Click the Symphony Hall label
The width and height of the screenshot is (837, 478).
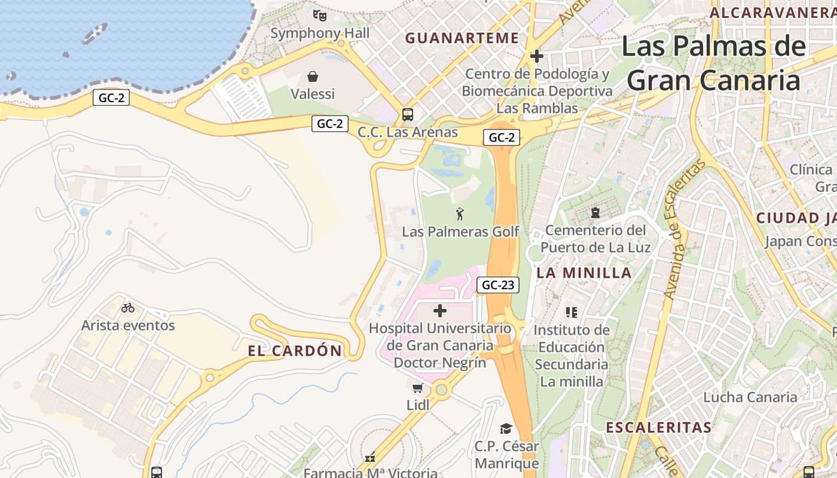click(320, 33)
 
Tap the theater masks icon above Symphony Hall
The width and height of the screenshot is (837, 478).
click(320, 16)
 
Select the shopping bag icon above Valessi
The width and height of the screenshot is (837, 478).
click(312, 76)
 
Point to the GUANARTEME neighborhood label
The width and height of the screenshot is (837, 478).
click(462, 38)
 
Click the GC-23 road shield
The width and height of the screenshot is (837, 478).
click(498, 285)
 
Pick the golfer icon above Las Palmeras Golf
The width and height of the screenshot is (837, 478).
click(460, 214)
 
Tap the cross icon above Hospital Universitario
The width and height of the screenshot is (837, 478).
click(440, 311)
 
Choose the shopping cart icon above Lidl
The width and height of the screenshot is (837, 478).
click(418, 388)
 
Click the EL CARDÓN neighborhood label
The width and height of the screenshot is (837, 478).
click(295, 351)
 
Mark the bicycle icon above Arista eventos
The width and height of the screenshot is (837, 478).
click(128, 308)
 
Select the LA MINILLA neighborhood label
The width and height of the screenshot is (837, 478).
click(584, 273)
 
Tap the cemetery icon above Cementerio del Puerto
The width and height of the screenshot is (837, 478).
click(595, 212)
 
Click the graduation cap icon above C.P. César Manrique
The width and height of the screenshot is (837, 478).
click(506, 428)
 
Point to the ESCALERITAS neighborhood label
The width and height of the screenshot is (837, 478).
click(659, 427)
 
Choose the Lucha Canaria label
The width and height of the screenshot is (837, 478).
click(750, 397)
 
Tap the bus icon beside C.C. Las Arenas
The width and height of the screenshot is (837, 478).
click(408, 115)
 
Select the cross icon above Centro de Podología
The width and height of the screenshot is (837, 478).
click(537, 57)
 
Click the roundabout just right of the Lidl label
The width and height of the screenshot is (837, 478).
click(441, 390)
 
